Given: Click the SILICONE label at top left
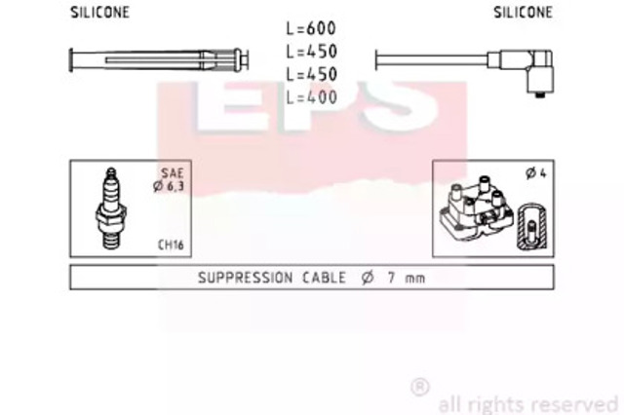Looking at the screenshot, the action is pos(99,13).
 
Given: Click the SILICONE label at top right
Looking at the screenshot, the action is pos(523,13).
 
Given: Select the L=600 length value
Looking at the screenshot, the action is pos(311,28).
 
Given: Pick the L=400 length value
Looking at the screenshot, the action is pos(312,97).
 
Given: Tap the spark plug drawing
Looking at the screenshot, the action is pos(111,208).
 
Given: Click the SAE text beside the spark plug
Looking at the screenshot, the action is pos(173,173).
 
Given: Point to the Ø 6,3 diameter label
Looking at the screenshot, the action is pos(169,186).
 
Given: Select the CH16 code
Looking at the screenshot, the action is pos(171,245).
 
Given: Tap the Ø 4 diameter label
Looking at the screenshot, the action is pos(536,173).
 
